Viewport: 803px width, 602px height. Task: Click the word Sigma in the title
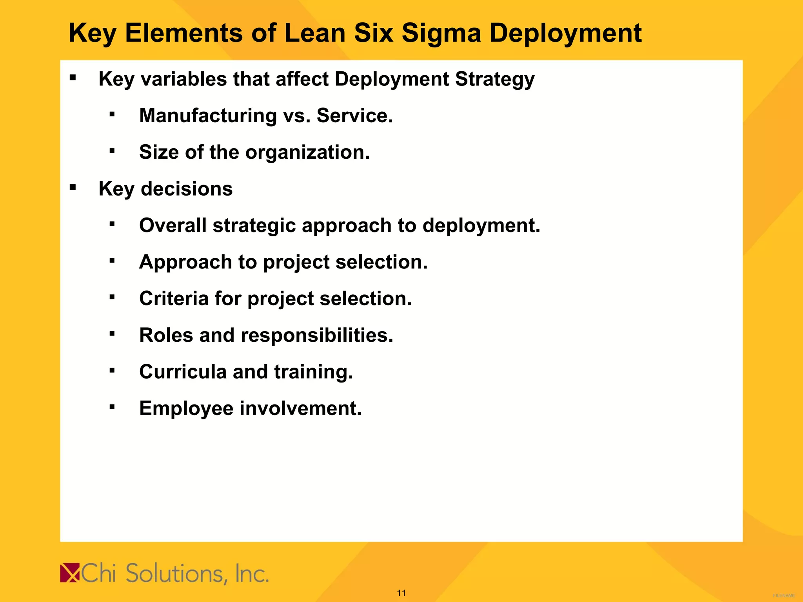(441, 33)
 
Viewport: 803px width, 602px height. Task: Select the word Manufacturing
(208, 116)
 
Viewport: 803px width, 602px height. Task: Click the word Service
(354, 116)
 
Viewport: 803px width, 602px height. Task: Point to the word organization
(307, 152)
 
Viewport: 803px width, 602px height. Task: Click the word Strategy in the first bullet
(495, 79)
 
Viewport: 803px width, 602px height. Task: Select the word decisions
(187, 189)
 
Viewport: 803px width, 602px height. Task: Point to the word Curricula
(183, 372)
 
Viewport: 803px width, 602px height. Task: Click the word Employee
(186, 408)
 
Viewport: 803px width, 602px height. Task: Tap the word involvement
(300, 408)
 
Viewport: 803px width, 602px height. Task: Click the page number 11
(401, 593)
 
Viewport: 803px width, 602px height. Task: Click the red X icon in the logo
(70, 573)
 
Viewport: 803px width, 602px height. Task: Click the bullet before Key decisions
(73, 188)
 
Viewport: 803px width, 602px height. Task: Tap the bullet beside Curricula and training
(112, 370)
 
